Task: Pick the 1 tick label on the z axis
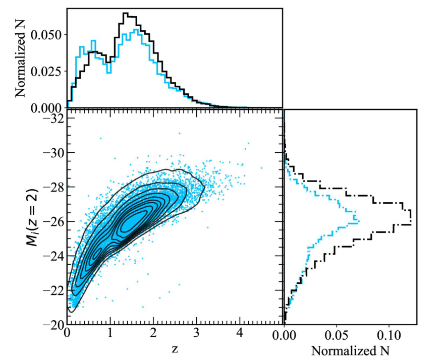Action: pyautogui.click(x=110, y=334)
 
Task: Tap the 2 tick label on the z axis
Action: pyautogui.click(x=153, y=334)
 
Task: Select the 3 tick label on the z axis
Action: pyautogui.click(x=197, y=334)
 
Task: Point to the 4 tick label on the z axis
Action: pyautogui.click(x=240, y=334)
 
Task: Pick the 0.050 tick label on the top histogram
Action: pyautogui.click(x=47, y=35)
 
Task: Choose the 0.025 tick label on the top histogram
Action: pyautogui.click(x=47, y=71)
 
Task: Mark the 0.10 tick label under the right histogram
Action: pyautogui.click(x=390, y=334)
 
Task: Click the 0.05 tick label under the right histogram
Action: pyautogui.click(x=337, y=334)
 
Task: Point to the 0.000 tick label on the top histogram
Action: pyautogui.click(x=47, y=107)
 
